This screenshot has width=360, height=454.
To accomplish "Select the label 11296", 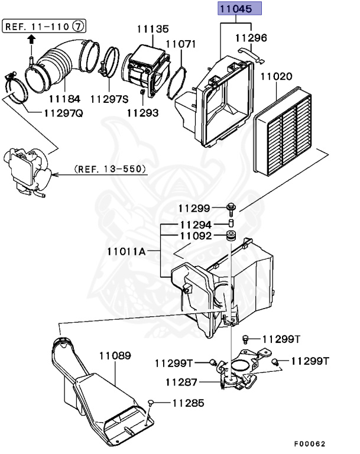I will (x=251, y=38).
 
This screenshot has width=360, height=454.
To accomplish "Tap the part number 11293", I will (x=142, y=112).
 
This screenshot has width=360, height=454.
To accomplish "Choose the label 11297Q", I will (x=64, y=113).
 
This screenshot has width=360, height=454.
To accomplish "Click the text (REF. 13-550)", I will (x=109, y=169).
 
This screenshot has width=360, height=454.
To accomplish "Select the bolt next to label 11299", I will (x=231, y=207).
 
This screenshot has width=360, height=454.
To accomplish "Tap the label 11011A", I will (x=126, y=251).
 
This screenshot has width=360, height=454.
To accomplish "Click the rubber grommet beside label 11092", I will (x=232, y=238).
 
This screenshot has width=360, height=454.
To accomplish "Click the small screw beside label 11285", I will (x=153, y=403).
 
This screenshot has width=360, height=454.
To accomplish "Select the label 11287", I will (x=181, y=382).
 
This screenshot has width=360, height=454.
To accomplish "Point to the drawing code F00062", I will (x=310, y=443).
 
